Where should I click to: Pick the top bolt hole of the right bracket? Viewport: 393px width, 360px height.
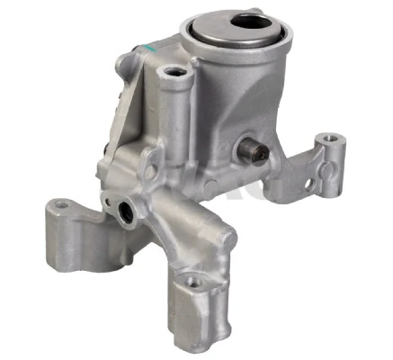(331, 139)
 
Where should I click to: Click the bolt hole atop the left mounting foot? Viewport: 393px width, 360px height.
(60, 205)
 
